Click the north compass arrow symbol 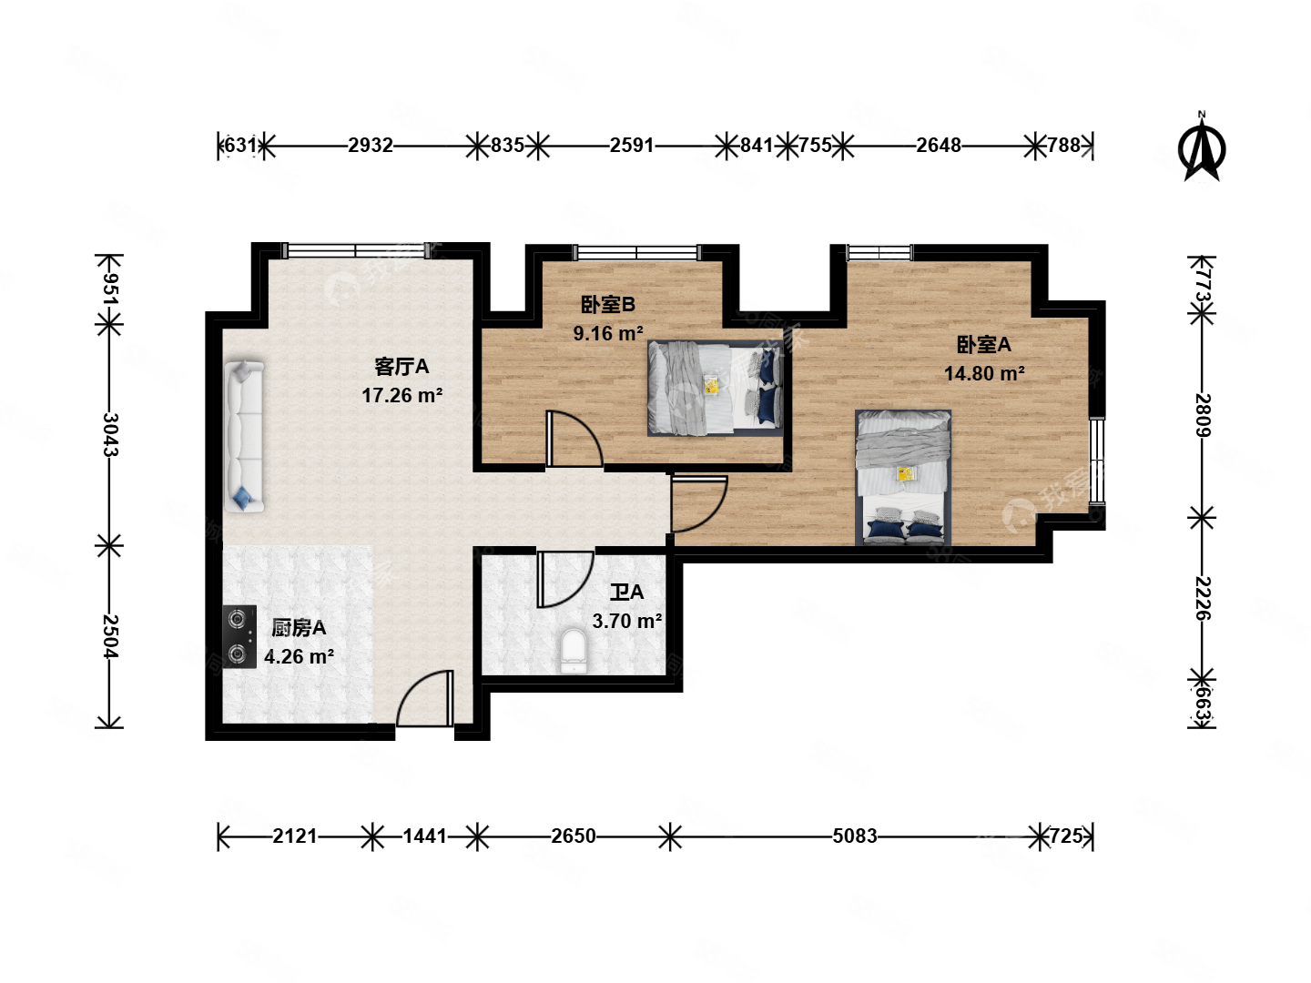coord(1202,148)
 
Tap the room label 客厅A coord(401,367)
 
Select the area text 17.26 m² coord(401,396)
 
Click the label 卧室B coord(608,305)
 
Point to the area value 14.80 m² coord(984,374)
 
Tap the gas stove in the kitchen coord(239,637)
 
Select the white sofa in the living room coord(244,436)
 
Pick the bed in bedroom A coord(903,477)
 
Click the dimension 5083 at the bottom coord(854,836)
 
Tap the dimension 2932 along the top coord(371,146)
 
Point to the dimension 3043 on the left coord(109,435)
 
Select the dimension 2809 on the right coord(1203,415)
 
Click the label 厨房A coord(299,628)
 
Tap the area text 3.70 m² coord(626,622)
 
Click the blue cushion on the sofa coord(243,497)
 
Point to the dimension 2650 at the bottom coord(574,836)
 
